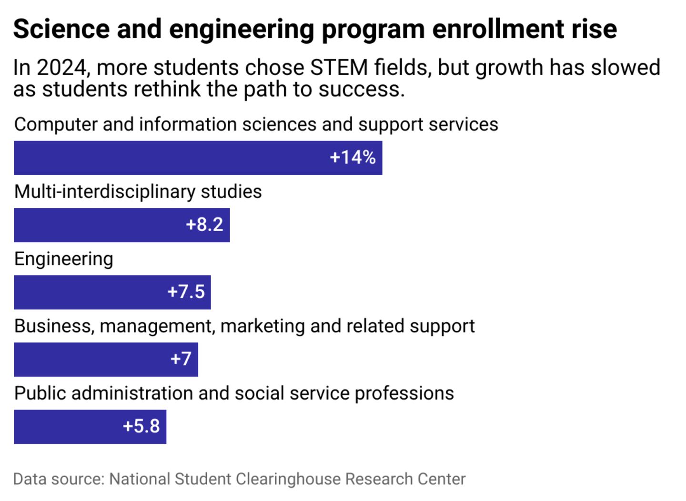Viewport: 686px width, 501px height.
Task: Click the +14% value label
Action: pyautogui.click(x=353, y=157)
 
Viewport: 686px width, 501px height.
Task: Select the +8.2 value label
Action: pyautogui.click(x=204, y=225)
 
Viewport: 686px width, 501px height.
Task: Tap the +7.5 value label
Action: pyautogui.click(x=186, y=292)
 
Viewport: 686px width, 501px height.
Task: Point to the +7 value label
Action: pyautogui.click(x=181, y=359)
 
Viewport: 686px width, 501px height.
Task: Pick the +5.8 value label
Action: pyautogui.click(x=141, y=426)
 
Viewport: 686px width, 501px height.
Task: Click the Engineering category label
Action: pyautogui.click(x=64, y=259)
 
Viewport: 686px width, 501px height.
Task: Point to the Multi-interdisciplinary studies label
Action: pyautogui.click(x=138, y=192)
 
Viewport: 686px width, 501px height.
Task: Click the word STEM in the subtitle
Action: pyautogui.click(x=339, y=68)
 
